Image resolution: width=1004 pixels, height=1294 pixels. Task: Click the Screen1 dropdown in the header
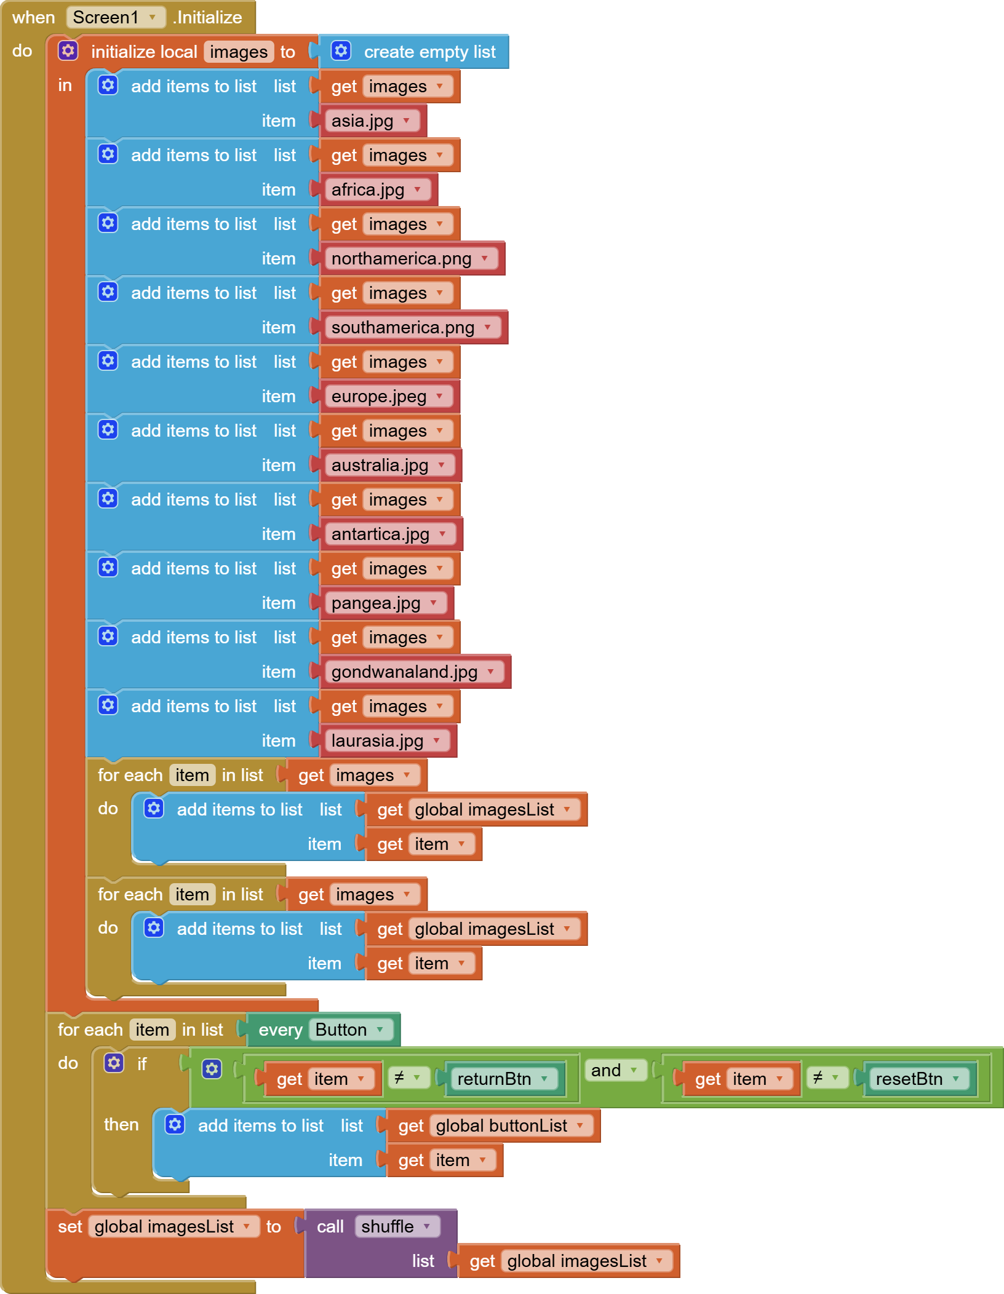116,17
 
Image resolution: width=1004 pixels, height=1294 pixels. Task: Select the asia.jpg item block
372,121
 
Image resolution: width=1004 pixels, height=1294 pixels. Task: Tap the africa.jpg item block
378,189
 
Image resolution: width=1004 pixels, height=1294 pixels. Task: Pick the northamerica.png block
411,258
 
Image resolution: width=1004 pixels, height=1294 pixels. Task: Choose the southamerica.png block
413,327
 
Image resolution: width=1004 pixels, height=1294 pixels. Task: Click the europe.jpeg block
389,396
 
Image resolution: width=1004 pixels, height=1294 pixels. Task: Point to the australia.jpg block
390,465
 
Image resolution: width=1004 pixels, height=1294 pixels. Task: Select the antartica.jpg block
391,534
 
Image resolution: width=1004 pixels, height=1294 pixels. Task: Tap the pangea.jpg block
386,603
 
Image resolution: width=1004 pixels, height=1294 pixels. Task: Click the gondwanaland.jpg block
415,672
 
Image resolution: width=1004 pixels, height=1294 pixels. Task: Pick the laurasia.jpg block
388,740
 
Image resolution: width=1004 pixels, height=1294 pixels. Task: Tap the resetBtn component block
920,1079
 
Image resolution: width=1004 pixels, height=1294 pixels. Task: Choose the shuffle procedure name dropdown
397,1226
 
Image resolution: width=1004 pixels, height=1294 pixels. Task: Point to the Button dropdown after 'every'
351,1030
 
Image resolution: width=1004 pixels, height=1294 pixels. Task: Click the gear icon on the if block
114,1063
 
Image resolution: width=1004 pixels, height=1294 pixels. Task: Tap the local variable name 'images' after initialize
239,52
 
